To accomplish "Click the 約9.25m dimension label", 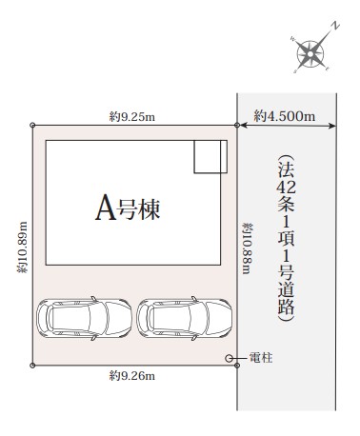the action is coord(132,117).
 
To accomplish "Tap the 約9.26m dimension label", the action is coord(132,376).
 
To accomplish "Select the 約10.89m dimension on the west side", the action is coord(23,248).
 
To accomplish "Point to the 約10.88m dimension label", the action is coord(248,248).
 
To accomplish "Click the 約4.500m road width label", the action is coord(285,116).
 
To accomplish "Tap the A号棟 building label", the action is coord(128,208).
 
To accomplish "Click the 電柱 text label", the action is coord(261,358).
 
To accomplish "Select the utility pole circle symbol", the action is coord(229,358).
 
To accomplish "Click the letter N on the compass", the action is coord(335,26).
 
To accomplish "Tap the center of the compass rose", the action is coord(310,53).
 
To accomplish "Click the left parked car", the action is coord(84,318).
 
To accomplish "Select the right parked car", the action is coord(185,318).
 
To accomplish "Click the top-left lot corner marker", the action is coord(32,125).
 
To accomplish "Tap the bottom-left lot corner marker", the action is coord(32,366).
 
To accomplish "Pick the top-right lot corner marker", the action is coord(237,125).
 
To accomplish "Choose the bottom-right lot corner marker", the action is coord(237,366).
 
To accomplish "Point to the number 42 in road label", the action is coord(286,187).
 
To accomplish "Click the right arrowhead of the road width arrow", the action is coord(332,126).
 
